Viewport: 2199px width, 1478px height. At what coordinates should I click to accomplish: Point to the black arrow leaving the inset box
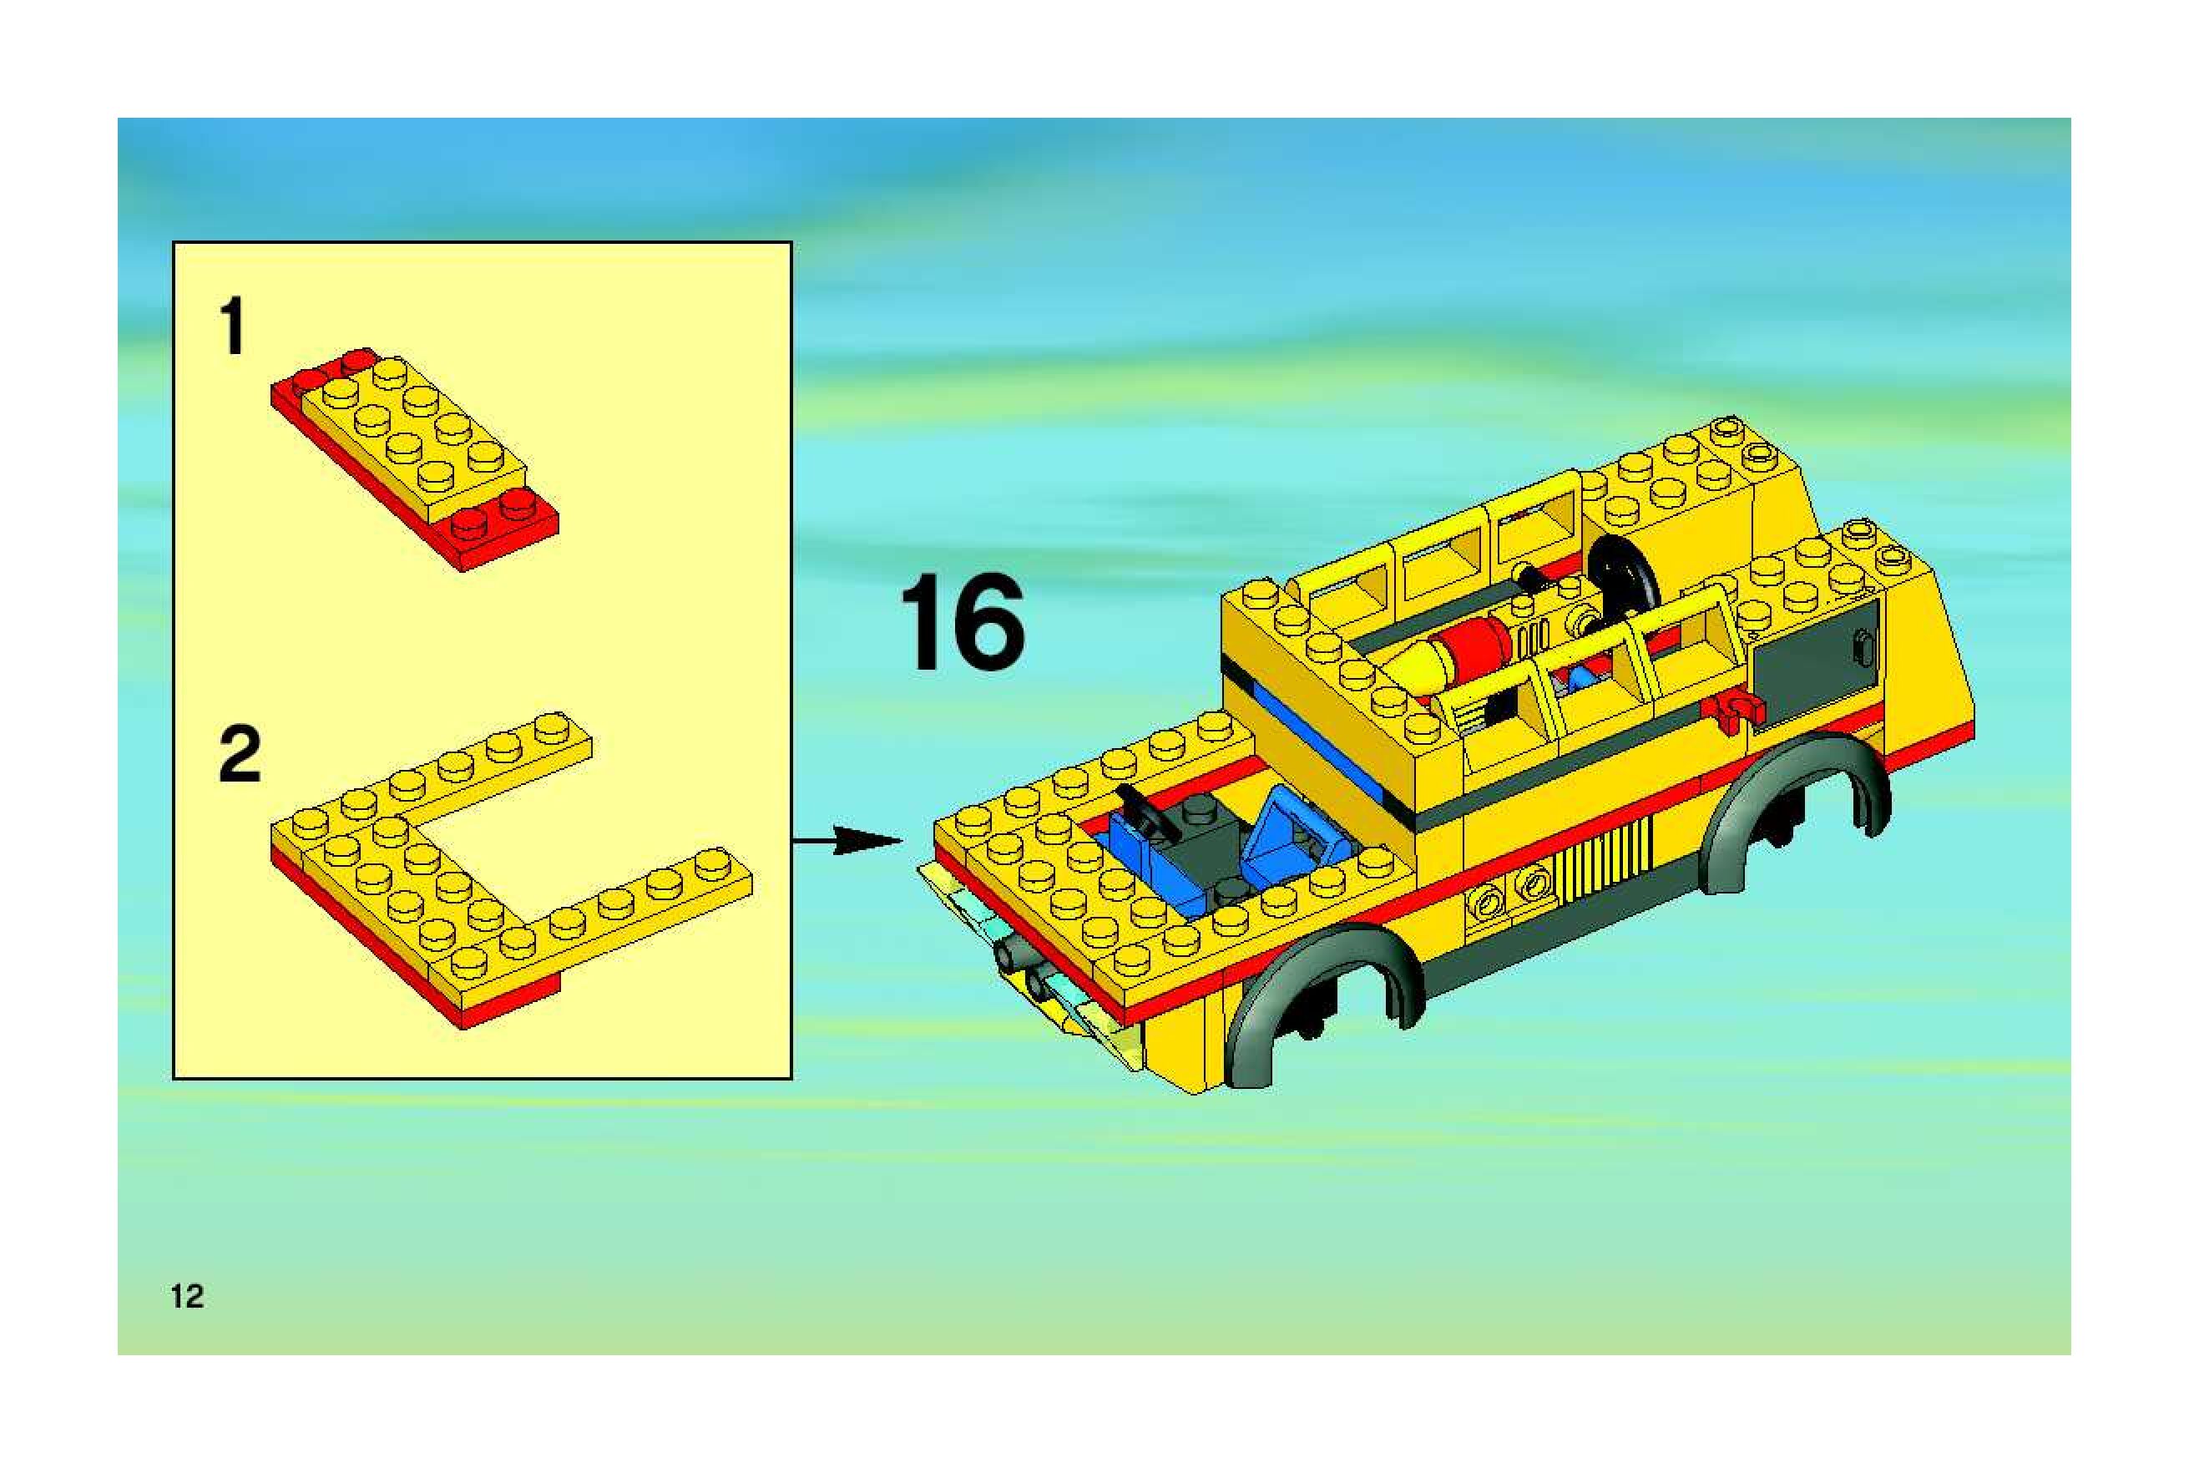pyautogui.click(x=848, y=840)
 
